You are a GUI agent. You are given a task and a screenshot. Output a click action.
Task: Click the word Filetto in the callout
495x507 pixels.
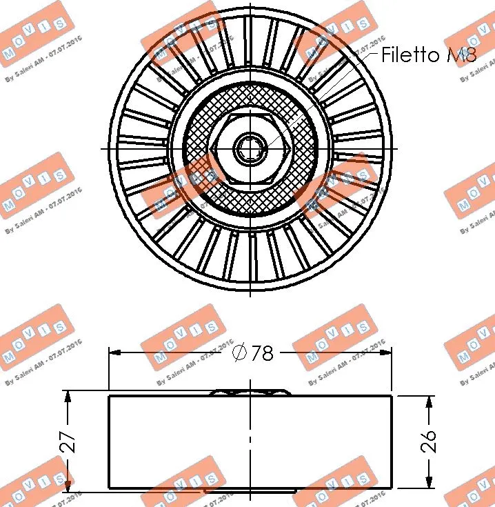tap(412, 54)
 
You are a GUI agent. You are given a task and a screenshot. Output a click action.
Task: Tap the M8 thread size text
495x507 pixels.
tap(461, 54)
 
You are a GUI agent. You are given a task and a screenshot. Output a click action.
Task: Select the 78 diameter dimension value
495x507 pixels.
tap(262, 353)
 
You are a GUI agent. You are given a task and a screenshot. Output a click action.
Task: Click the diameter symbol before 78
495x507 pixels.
tap(239, 353)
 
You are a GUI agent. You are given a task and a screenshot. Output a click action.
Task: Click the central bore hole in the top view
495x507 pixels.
tap(250, 148)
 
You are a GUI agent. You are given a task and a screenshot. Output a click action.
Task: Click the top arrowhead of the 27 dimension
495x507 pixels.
tap(68, 397)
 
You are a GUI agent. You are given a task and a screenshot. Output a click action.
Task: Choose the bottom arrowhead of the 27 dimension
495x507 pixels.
tap(68, 486)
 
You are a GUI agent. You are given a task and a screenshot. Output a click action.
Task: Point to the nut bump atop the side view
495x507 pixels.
tap(250, 392)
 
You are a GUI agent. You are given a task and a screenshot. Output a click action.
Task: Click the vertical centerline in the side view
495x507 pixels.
tap(250, 448)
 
